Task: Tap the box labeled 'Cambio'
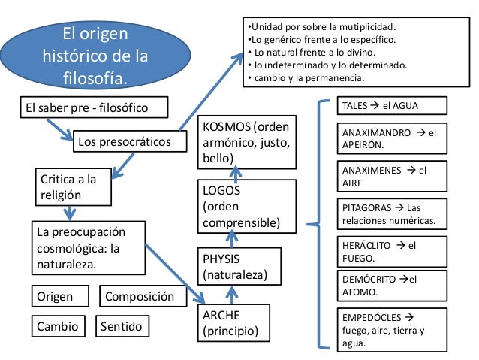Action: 57,327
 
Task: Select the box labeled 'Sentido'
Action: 124,327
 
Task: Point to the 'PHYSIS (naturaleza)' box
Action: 233,267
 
